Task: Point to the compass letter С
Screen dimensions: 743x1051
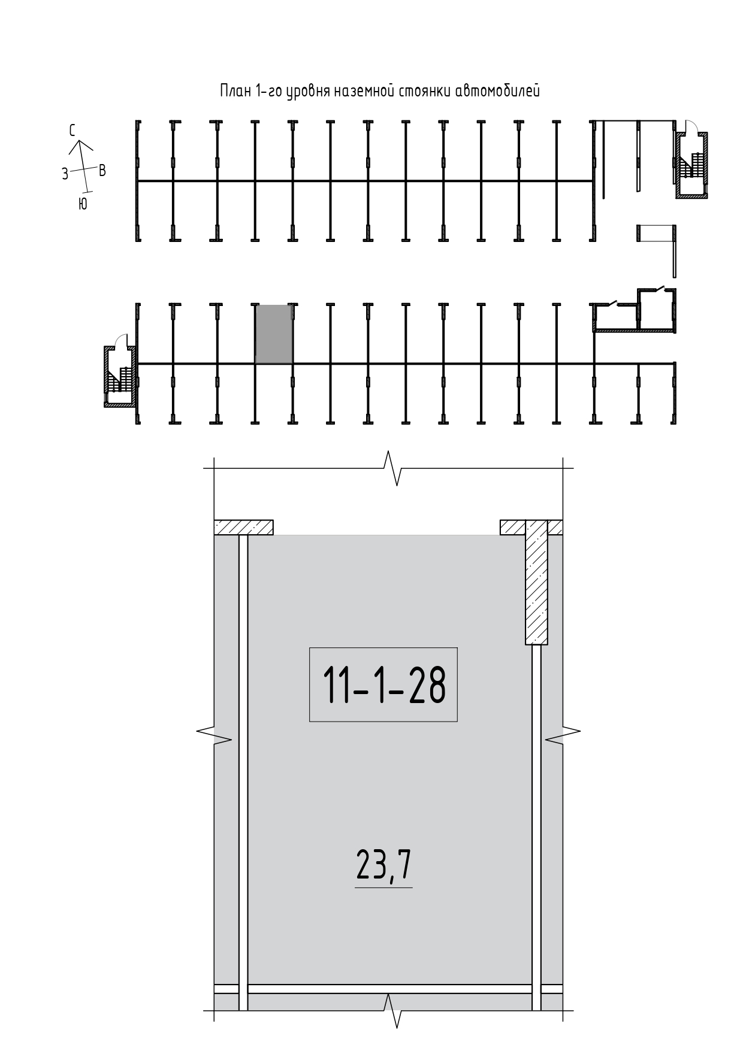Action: point(72,131)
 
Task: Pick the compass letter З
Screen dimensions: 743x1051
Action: point(65,174)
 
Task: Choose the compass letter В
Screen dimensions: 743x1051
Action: point(102,171)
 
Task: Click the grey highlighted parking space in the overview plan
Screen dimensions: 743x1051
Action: point(274,334)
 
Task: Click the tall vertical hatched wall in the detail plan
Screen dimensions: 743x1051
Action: point(537,582)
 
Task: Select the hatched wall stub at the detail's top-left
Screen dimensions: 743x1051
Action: point(244,527)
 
